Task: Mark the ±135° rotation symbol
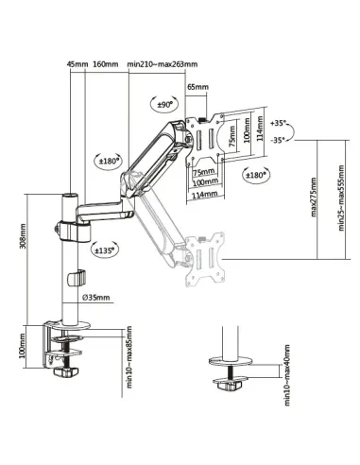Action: click(x=107, y=251)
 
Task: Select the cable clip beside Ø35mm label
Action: click(x=77, y=281)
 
